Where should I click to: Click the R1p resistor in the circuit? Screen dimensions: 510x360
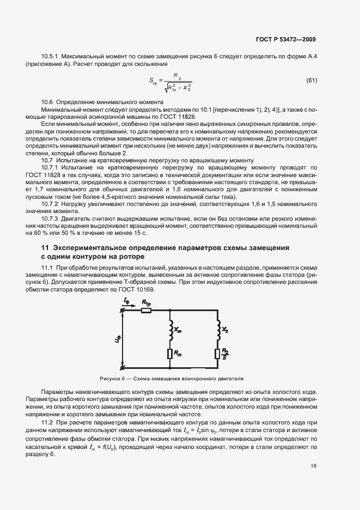(x=146, y=311)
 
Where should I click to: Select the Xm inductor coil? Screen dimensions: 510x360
(x=171, y=329)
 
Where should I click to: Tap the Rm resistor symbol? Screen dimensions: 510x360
(x=171, y=355)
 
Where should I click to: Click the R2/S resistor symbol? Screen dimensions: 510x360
(x=217, y=354)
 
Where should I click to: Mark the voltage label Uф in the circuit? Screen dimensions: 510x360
(x=117, y=339)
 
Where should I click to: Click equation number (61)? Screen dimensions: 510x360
(x=312, y=81)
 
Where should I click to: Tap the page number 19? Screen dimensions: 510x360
(x=313, y=466)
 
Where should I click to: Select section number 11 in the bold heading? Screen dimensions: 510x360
(x=38, y=248)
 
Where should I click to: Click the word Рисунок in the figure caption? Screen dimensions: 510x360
(x=111, y=378)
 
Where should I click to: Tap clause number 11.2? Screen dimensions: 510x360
(x=47, y=422)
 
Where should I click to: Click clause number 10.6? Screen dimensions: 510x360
(x=47, y=102)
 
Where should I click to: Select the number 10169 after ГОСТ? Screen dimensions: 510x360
(x=144, y=289)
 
